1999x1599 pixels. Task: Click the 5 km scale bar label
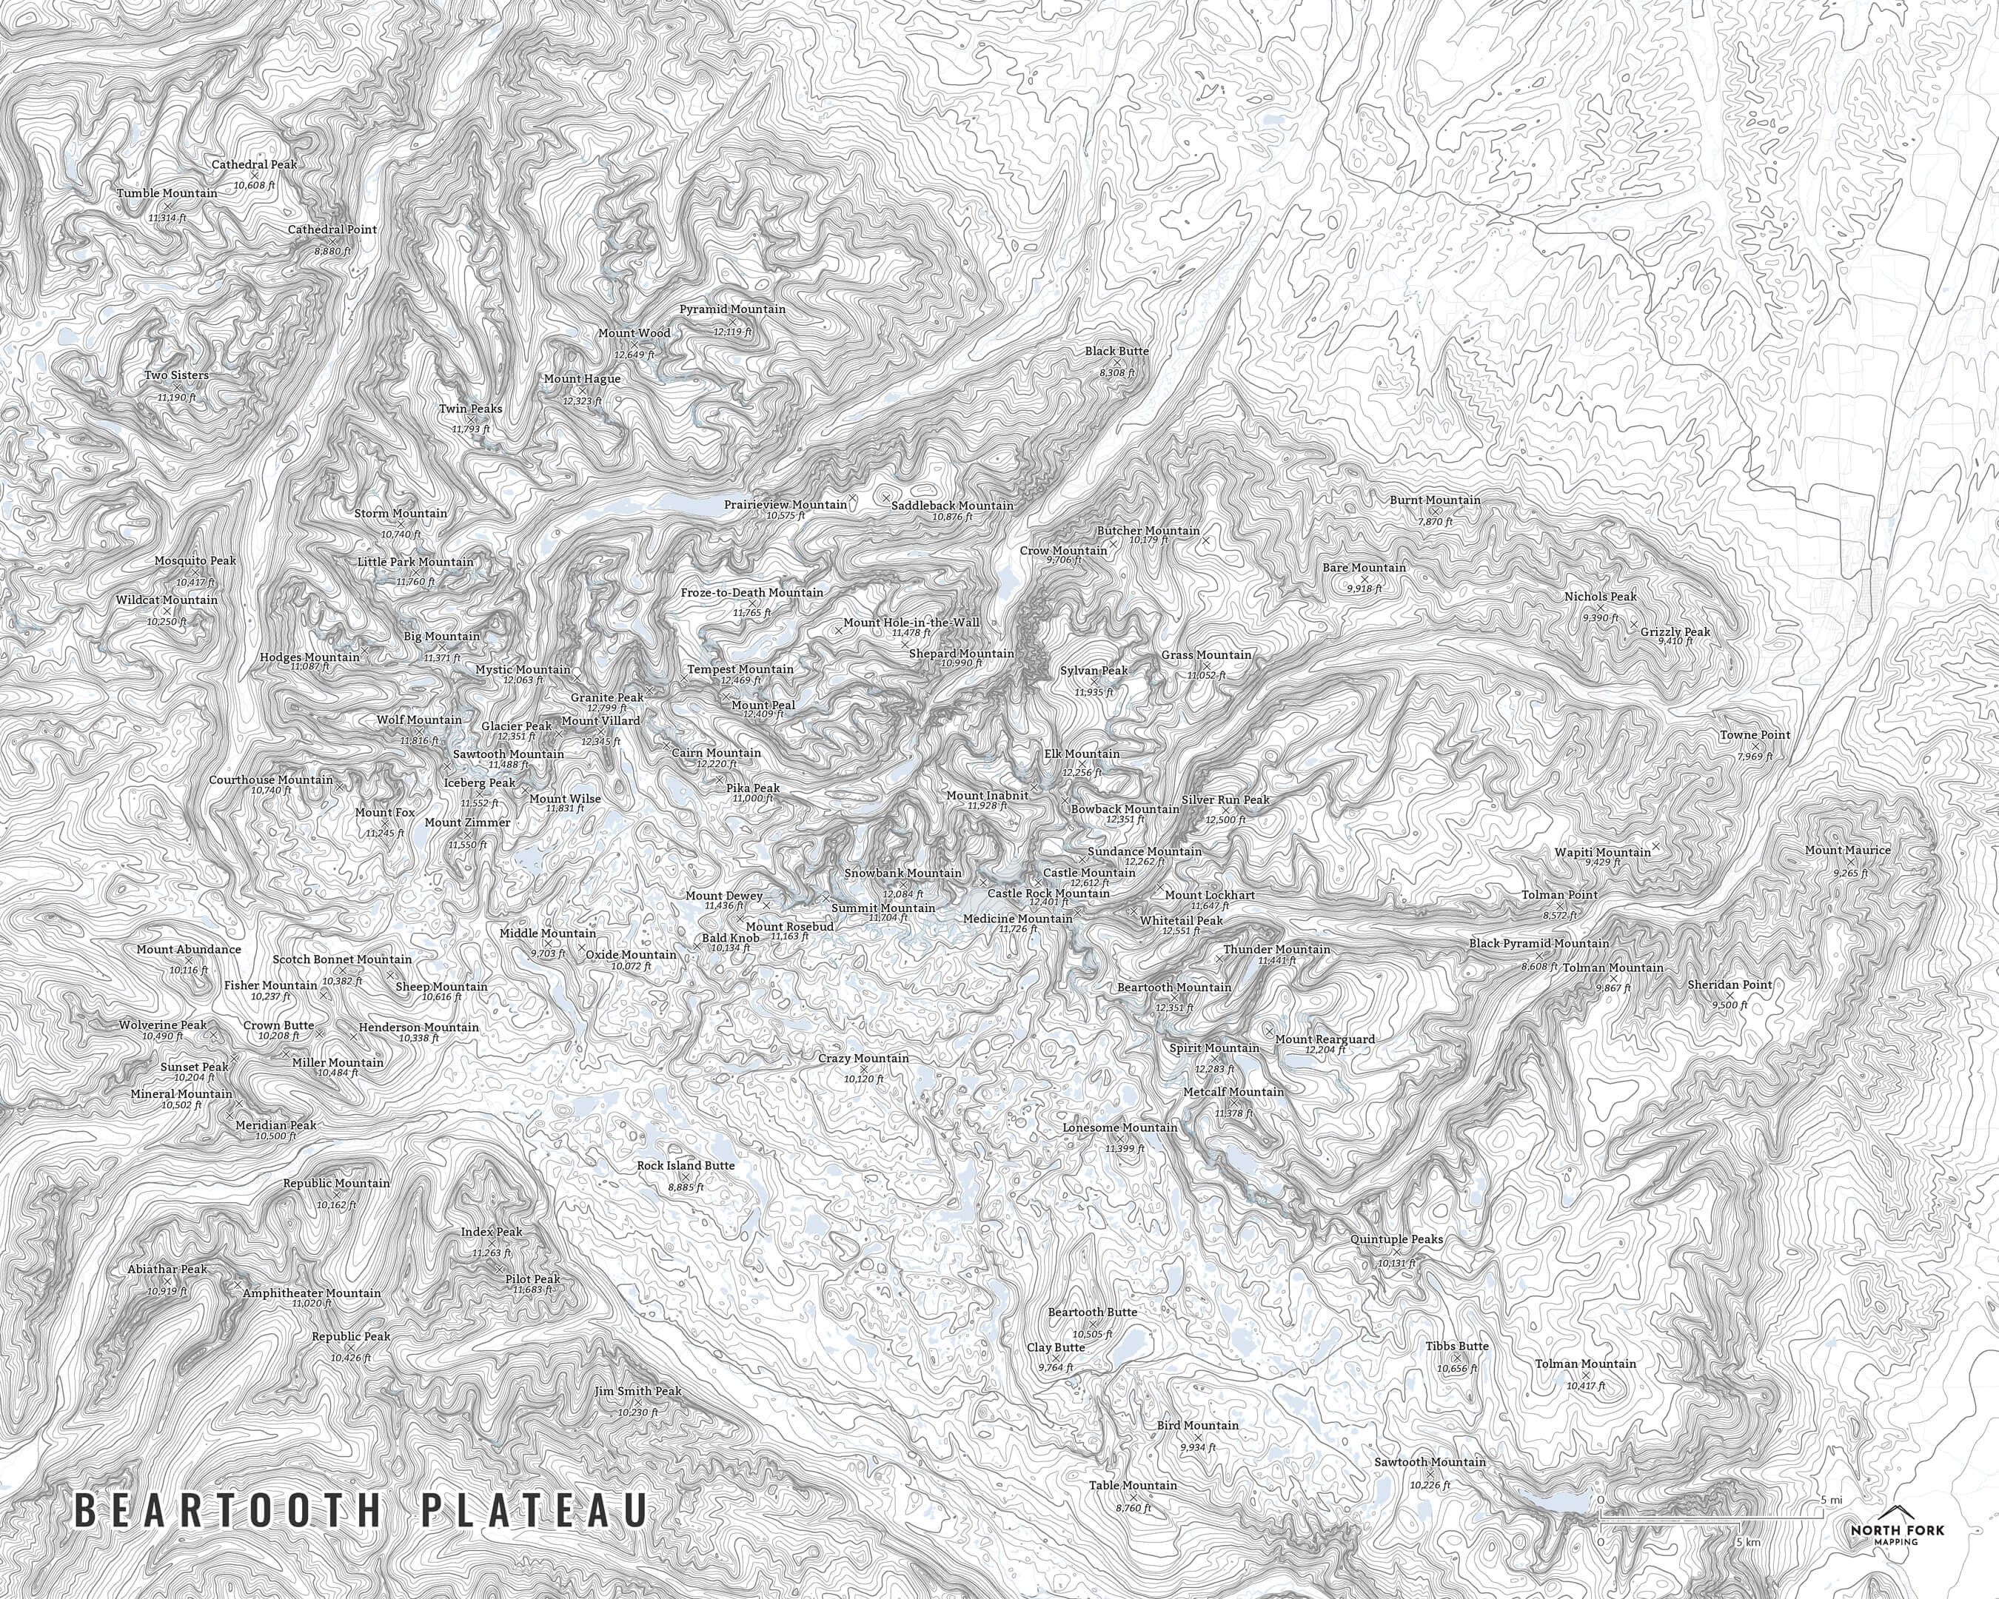click(1749, 1543)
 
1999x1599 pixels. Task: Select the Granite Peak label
click(606, 697)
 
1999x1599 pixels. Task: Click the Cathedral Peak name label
click(254, 164)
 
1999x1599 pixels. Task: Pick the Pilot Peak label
click(532, 1279)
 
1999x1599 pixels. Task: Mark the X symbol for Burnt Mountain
click(1434, 511)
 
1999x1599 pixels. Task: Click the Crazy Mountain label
click(863, 1058)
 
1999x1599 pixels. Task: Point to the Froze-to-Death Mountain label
click(752, 592)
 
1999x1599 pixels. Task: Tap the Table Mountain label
click(1133, 1485)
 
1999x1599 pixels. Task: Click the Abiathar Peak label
click(168, 1269)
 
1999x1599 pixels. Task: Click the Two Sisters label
click(176, 375)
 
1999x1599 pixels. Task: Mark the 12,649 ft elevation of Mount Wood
click(634, 354)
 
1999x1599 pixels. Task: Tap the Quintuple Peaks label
click(1396, 1239)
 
